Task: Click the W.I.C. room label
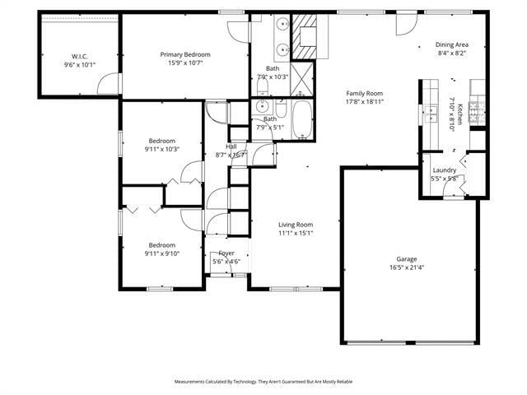(80, 56)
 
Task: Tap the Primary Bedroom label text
(185, 54)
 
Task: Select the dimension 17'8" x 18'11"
(365, 101)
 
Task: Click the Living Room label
(294, 224)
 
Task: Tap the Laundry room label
(444, 170)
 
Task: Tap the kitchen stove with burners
(477, 114)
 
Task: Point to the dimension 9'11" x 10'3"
(161, 149)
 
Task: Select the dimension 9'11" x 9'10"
(161, 253)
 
